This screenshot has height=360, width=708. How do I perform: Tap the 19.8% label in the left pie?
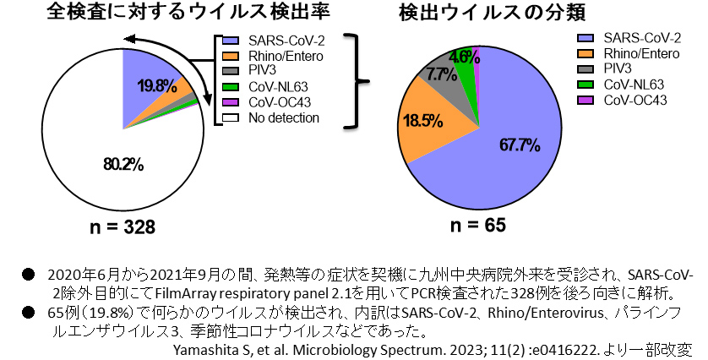tap(156, 85)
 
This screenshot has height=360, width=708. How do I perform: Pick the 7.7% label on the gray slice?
tap(441, 74)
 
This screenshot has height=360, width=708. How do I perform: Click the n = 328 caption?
tap(117, 227)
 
